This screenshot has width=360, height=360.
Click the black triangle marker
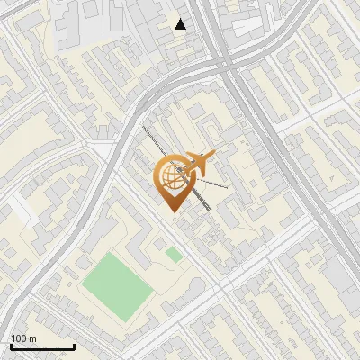[x=181, y=24]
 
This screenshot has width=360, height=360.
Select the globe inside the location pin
[x=171, y=175]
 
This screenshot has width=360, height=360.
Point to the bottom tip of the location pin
[x=171, y=211]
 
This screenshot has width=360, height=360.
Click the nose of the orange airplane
[x=214, y=156]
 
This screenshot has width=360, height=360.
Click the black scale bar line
[x=41, y=347]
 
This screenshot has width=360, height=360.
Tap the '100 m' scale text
[x=23, y=338]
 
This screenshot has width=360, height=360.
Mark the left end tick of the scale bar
[x=10, y=346]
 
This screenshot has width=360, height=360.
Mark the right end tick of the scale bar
[x=74, y=346]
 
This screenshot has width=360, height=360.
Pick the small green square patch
[x=174, y=256]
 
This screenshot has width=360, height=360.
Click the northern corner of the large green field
[x=110, y=253]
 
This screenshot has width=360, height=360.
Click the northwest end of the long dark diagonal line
[x=142, y=127]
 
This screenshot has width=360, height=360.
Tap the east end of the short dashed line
[x=228, y=187]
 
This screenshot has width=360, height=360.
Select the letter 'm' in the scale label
[x=32, y=338]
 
